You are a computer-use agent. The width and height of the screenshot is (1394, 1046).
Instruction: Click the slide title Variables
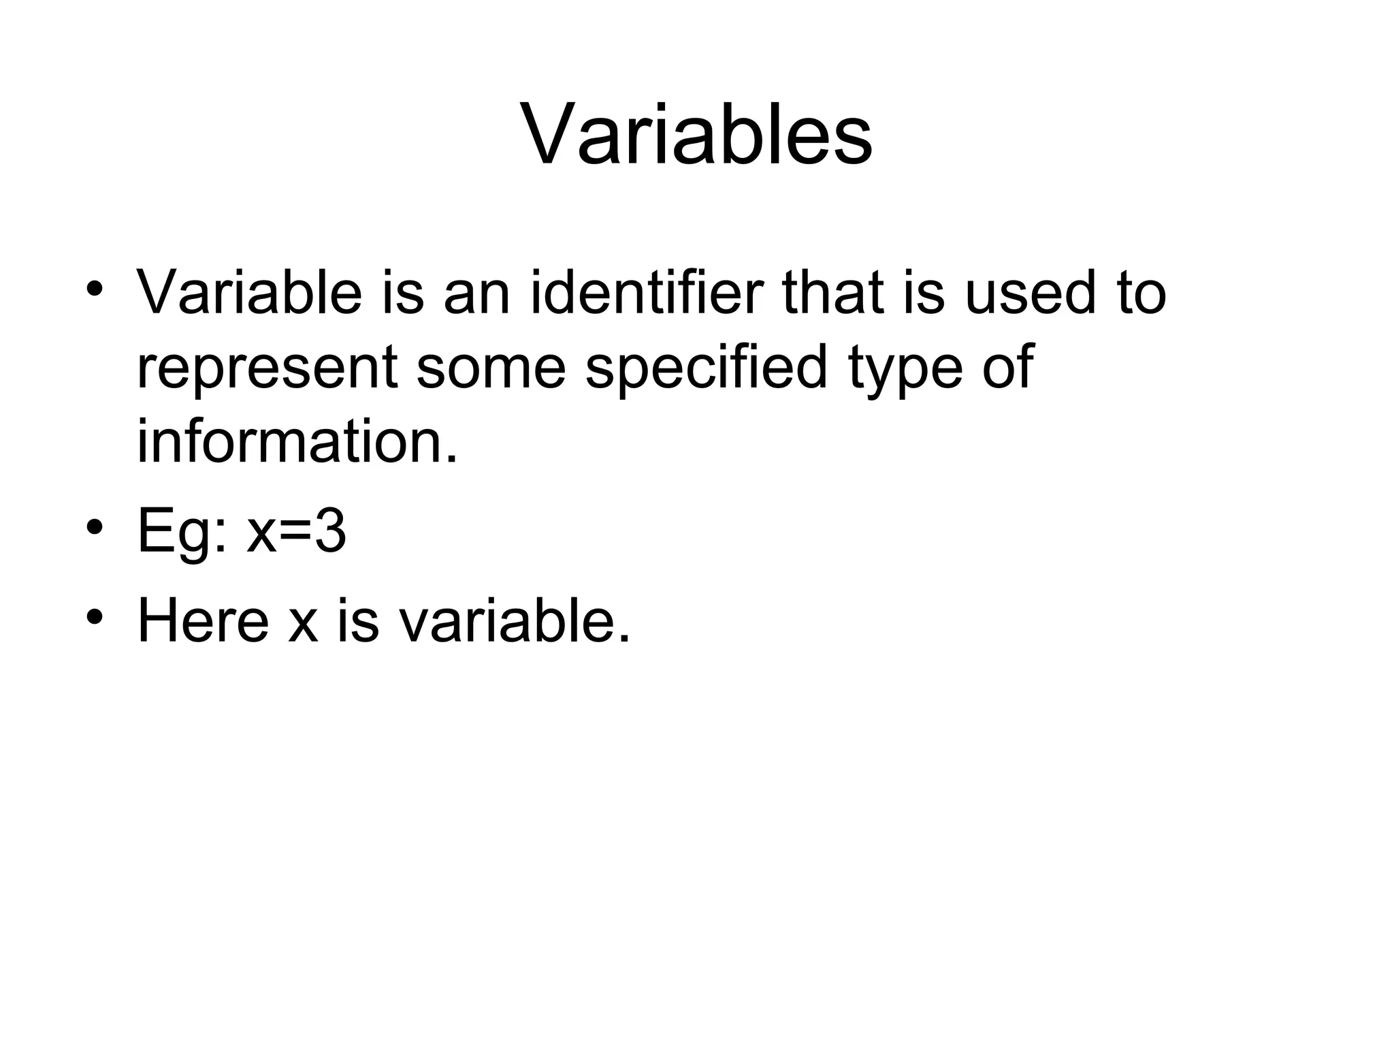coord(696,133)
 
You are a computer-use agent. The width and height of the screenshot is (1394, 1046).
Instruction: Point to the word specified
coord(707,369)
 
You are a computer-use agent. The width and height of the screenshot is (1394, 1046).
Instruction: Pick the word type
coord(906,369)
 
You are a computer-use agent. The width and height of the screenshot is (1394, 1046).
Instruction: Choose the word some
coord(491,368)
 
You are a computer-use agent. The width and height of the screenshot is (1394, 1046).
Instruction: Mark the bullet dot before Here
coord(95,616)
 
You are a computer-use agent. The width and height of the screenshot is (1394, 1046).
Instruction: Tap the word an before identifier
coord(476,294)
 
